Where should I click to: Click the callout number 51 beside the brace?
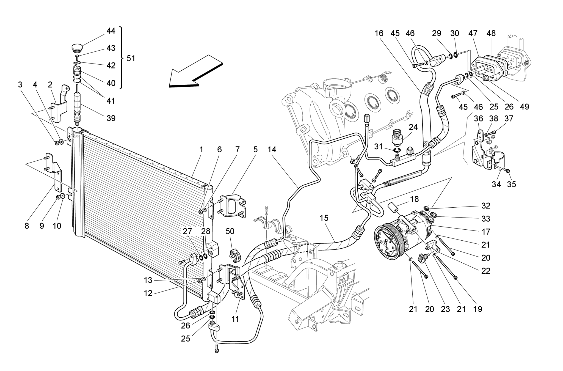point(131,59)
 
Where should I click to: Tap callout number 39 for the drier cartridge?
point(111,118)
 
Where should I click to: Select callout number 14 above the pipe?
point(272,150)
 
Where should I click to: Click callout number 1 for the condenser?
point(201,150)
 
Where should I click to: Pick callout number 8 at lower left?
point(27,226)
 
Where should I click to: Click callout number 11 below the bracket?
point(235,319)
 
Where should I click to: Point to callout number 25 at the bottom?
point(186,339)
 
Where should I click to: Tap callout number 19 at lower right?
point(478,309)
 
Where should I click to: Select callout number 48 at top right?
point(491,33)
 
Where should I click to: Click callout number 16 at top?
point(379,33)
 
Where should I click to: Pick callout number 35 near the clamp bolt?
point(511,184)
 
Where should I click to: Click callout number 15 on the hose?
point(324,218)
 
